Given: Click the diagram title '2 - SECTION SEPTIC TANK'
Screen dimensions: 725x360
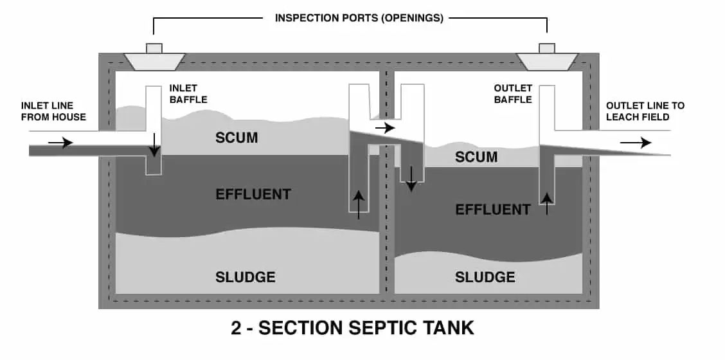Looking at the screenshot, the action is point(352,328).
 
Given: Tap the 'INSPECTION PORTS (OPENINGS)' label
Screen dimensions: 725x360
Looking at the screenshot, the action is point(359,18).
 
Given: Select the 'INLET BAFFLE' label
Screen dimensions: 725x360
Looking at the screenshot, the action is point(188,93).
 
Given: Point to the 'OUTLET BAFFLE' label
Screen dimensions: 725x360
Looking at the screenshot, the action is point(513,93).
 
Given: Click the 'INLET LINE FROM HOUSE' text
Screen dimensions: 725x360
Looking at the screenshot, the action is point(53,111).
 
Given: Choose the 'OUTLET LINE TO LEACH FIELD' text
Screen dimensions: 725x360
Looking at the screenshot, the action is point(645,111).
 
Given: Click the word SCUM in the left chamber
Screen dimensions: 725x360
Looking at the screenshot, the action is point(237,138).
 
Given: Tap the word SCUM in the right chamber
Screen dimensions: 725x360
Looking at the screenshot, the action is point(476,157).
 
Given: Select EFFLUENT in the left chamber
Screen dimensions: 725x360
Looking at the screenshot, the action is point(253,194).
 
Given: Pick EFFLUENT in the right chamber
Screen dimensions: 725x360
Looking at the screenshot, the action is point(493,210).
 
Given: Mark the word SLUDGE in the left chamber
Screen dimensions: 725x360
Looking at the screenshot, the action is point(245,277).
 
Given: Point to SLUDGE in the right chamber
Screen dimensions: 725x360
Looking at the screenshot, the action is point(485,277).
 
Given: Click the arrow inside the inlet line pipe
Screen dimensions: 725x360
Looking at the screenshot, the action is point(60,143).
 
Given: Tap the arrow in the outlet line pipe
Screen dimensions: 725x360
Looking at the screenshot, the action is point(636,143).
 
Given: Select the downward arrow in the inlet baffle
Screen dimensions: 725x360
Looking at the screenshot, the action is point(154,145).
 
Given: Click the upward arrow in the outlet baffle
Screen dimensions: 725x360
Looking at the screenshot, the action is point(547,204).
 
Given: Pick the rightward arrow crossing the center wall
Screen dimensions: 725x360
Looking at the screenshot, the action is point(385,127).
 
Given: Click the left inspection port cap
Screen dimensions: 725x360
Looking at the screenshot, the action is point(154,49).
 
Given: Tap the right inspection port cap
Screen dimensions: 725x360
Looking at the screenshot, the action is point(547,49).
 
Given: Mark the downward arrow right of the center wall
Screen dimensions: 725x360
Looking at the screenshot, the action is point(411,179).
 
